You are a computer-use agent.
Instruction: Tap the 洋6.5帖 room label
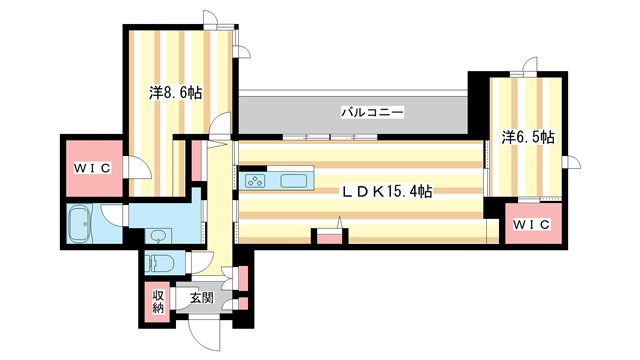coord(528,138)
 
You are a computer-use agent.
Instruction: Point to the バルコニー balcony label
coord(372,113)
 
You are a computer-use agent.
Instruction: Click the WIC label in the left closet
coord(92,167)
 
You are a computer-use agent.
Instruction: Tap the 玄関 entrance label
coord(200,297)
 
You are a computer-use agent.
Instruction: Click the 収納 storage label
coord(158,301)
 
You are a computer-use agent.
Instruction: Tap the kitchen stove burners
coord(255,181)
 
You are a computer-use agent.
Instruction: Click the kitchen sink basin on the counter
coord(295,181)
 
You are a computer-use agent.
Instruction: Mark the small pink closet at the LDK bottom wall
coord(328,238)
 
